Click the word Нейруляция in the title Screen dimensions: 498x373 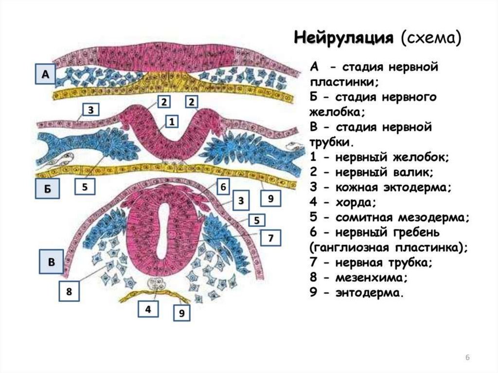[344, 38]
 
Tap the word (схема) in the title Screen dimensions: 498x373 [430, 38]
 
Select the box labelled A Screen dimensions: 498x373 [46, 74]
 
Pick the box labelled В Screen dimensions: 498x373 [51, 263]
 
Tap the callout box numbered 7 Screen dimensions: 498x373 [270, 238]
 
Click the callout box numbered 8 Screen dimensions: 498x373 [69, 291]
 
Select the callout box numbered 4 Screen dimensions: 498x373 [147, 308]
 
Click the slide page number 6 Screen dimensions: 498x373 [467, 358]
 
